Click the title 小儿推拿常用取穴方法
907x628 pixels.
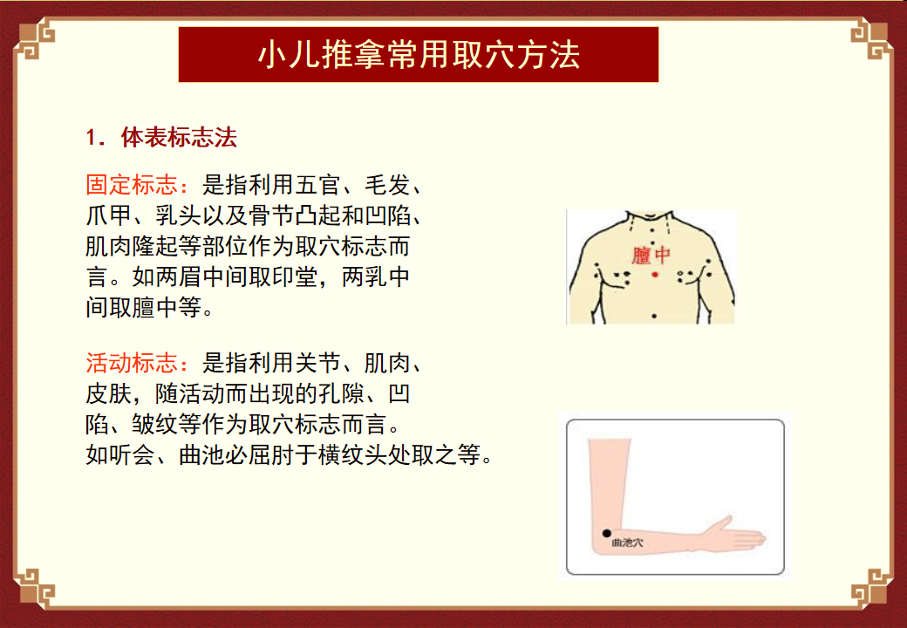coord(419,55)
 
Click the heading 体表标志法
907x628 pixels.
coord(179,138)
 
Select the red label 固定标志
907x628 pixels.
coord(132,184)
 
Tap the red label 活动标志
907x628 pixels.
coord(132,363)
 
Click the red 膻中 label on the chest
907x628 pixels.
coord(651,255)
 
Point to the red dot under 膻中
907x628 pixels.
coord(655,274)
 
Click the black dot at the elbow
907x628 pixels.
coord(606,533)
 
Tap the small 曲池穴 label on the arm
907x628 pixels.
coord(627,543)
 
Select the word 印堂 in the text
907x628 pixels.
coord(295,276)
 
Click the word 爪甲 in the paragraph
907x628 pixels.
coord(109,215)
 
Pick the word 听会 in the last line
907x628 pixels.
coord(132,455)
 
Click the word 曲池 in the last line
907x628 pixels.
coord(201,455)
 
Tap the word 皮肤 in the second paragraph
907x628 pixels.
coord(109,393)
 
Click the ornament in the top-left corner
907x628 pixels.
coord(34,38)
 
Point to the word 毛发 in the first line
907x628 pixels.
coord(387,184)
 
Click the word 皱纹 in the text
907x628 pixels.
coord(155,425)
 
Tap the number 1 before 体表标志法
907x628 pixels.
coord(91,138)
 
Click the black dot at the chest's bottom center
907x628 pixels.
coord(653,316)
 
